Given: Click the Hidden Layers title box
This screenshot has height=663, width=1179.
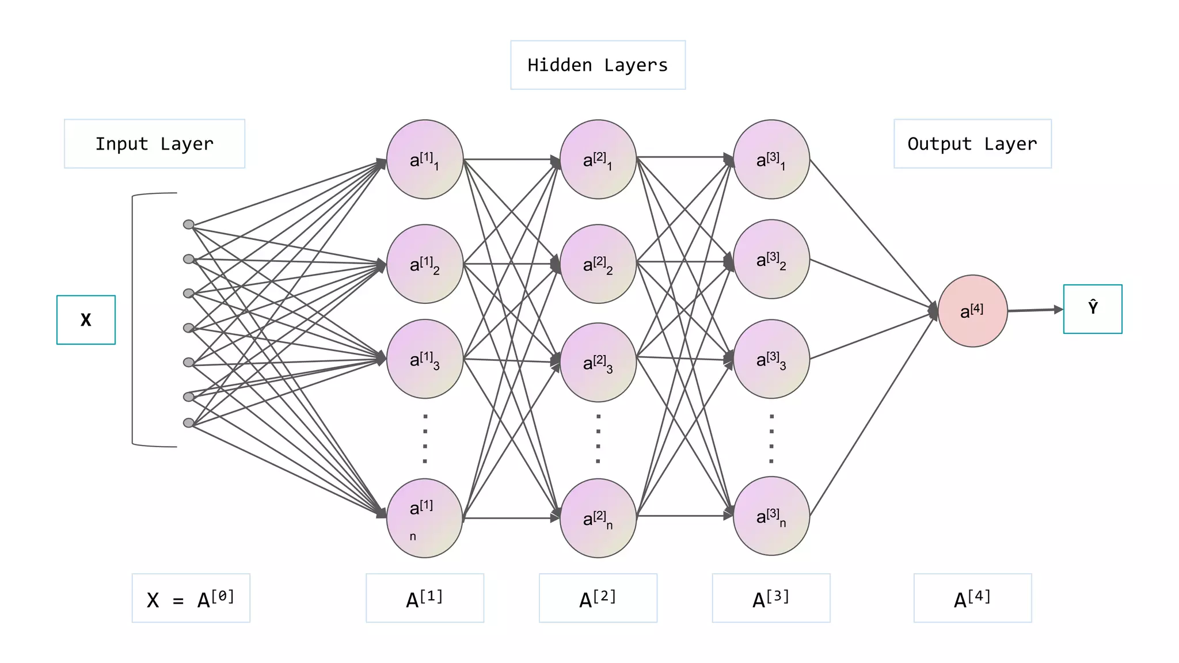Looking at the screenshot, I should pyautogui.click(x=598, y=65).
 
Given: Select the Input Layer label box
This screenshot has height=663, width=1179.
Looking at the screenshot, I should pyautogui.click(x=154, y=144).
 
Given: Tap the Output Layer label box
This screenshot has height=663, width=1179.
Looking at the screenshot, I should pyautogui.click(x=972, y=144).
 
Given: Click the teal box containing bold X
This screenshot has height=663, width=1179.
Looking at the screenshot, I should pyautogui.click(x=86, y=320).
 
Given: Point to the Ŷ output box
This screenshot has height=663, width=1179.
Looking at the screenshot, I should pyautogui.click(x=1092, y=309).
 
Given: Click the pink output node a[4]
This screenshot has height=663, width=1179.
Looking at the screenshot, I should pyautogui.click(x=972, y=311).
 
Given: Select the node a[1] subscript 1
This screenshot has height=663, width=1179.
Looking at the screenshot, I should pyautogui.click(x=425, y=159).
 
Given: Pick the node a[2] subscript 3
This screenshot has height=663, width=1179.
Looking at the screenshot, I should pyautogui.click(x=598, y=362).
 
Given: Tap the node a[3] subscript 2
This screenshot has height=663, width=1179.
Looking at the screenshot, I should pyautogui.click(x=771, y=259).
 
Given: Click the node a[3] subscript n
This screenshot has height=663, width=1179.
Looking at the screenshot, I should pyautogui.click(x=771, y=516).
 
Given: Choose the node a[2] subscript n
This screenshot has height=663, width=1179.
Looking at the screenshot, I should pyautogui.click(x=598, y=518).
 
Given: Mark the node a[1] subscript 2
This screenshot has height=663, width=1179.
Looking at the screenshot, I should pyautogui.click(x=425, y=264).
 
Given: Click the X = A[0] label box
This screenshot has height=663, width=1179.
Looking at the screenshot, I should pyautogui.click(x=191, y=598).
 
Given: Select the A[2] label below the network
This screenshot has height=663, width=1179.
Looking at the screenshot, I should pyautogui.click(x=598, y=598).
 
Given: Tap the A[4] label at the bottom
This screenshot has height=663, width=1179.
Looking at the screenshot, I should pyautogui.click(x=972, y=598).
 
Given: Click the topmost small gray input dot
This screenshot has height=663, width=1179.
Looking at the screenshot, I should pyautogui.click(x=188, y=224).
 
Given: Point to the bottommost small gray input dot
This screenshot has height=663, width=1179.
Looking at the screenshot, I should pyautogui.click(x=188, y=423).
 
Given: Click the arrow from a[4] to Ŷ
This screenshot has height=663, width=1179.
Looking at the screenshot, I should pyautogui.click(x=1035, y=310).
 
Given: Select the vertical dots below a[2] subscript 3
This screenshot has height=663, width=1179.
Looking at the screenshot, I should pyautogui.click(x=598, y=439).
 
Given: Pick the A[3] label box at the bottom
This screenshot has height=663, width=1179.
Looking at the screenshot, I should pyautogui.click(x=771, y=598).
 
